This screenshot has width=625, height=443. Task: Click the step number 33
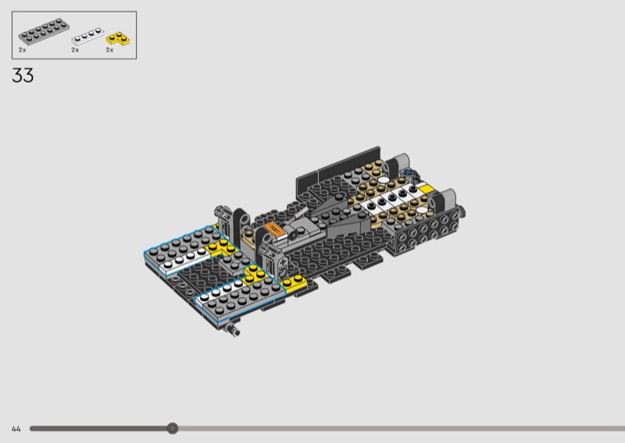coord(23,75)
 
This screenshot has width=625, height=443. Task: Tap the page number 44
coord(16,429)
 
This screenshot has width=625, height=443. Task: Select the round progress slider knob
coord(172,428)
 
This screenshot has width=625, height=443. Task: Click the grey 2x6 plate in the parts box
coord(44,31)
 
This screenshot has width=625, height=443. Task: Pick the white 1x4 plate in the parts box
coord(87,36)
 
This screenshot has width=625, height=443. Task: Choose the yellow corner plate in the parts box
coord(118,39)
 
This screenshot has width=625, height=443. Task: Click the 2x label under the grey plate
coord(23,50)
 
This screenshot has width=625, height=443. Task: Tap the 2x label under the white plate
coord(75,50)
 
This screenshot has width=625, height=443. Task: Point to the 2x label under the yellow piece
coord(109,50)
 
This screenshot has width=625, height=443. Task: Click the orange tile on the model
coord(275,229)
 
